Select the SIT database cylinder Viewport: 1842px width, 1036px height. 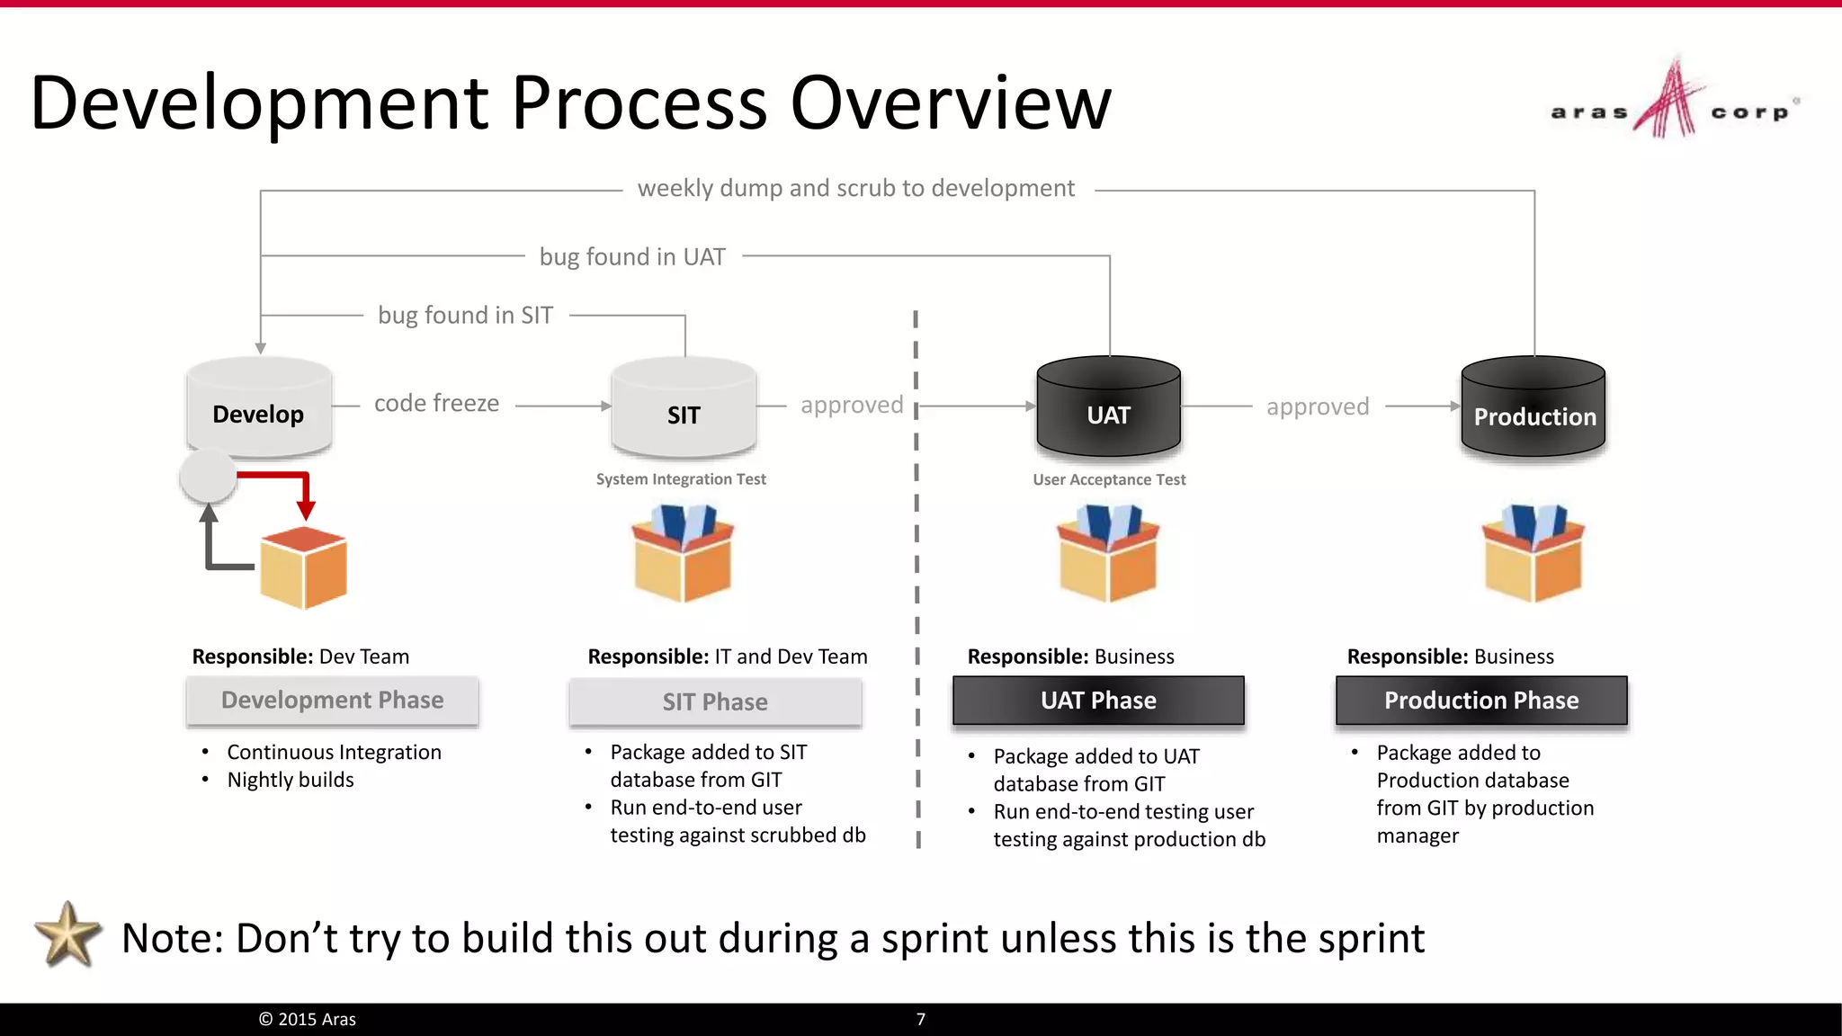click(684, 409)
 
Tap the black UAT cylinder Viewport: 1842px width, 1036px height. click(1108, 409)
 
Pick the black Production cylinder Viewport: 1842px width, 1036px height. click(1534, 409)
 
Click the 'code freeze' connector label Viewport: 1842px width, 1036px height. click(436, 404)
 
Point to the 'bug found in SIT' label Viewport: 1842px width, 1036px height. click(465, 316)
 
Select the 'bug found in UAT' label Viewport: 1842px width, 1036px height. click(632, 257)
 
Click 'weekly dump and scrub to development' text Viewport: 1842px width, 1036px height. click(855, 189)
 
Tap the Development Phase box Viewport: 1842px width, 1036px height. click(332, 701)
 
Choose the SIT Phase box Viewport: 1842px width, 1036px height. click(715, 702)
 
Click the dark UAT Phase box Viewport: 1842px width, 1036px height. click(1098, 701)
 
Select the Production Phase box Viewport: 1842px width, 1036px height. click(1481, 701)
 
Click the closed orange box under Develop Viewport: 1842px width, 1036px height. click(303, 568)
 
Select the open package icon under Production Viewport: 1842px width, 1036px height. click(1534, 553)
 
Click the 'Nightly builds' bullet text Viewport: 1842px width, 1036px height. click(291, 781)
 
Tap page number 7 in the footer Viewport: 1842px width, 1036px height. click(920, 1019)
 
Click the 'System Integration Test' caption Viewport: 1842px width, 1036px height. click(681, 479)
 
